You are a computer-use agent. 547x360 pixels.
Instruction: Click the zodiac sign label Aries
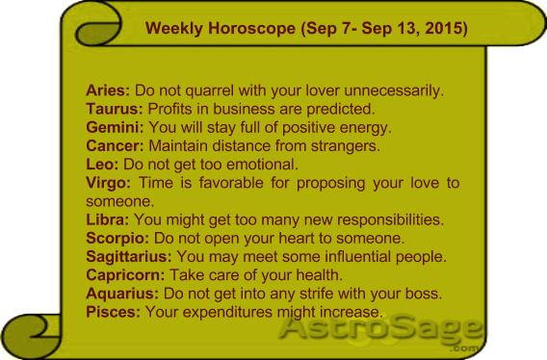[x=108, y=91]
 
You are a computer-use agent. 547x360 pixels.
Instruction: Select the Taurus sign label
[x=113, y=110]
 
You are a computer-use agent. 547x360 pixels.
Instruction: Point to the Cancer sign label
[x=115, y=146]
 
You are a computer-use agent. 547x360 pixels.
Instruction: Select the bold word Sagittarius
[x=129, y=256]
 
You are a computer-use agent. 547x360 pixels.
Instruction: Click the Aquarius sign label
[x=122, y=293]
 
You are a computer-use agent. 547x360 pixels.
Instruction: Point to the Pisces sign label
[x=113, y=311]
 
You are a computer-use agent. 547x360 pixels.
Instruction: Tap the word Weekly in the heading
[x=172, y=29]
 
